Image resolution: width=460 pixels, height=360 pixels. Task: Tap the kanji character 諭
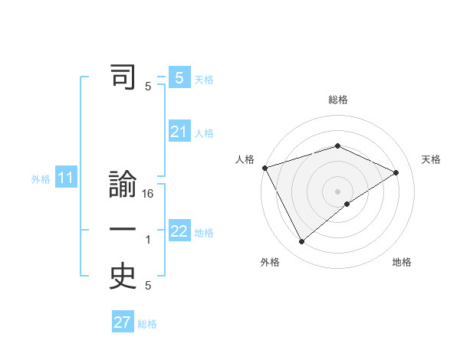[x=123, y=186]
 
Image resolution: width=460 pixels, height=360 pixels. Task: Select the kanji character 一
[x=123, y=230]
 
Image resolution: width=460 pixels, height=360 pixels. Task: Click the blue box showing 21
[x=179, y=133]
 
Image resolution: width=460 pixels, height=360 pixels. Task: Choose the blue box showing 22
[x=179, y=231]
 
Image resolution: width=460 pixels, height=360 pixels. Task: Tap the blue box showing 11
[x=65, y=178]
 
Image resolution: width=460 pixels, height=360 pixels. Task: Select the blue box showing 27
[x=123, y=322]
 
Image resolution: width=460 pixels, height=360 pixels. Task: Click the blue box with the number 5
[x=179, y=77]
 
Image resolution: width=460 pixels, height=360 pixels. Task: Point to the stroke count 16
[x=148, y=194]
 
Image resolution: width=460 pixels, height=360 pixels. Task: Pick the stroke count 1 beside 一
[x=148, y=240]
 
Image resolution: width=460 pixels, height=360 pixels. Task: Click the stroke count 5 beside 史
[x=148, y=286]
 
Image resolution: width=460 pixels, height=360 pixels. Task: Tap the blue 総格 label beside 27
[x=147, y=323]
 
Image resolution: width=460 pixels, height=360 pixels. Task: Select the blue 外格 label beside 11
[x=41, y=179]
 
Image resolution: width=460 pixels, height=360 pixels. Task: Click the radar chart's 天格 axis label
[x=432, y=159]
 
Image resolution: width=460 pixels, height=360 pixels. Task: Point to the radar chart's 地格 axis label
[x=402, y=262]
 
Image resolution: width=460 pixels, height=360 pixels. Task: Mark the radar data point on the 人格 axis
[x=264, y=168]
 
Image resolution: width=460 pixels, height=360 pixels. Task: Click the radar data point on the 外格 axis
[x=301, y=242]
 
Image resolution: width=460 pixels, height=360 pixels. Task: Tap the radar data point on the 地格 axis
[x=347, y=204]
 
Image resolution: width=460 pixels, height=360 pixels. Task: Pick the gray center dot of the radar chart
[x=337, y=191]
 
